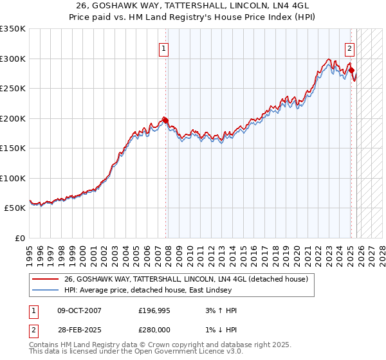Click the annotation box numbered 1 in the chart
[163, 48]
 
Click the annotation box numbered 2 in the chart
[349, 48]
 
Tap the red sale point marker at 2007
[166, 120]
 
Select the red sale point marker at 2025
[352, 70]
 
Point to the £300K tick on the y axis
[13, 59]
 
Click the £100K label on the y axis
[13, 178]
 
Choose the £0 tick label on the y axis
[20, 238]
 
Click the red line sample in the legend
[45, 279]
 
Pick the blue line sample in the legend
[45, 290]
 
